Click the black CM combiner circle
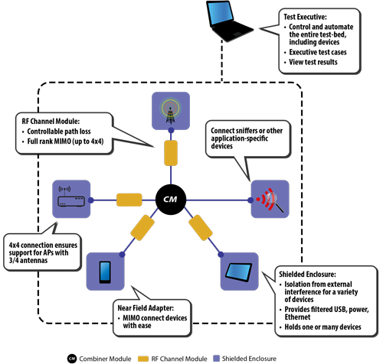pos(171,200)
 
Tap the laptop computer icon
pos(229,21)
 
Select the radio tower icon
pos(171,112)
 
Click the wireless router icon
pos(70,197)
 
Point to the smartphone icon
pos(105,272)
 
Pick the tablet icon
pos(239,272)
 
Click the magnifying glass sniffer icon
pos(270,200)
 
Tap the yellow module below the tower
pos(171,153)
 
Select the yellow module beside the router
pos(129,200)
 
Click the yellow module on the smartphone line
pos(142,228)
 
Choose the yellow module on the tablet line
pos(201,228)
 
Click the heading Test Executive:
pos(305,17)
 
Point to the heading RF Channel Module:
pos(51,121)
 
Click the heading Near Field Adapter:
pos(146,308)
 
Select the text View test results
pos(313,62)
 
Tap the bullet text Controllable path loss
pos(59,132)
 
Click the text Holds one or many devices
pos(322,327)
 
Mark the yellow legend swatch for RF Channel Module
pos(143,359)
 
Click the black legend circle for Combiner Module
pos(72,359)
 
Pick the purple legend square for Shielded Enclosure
pos(216,359)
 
